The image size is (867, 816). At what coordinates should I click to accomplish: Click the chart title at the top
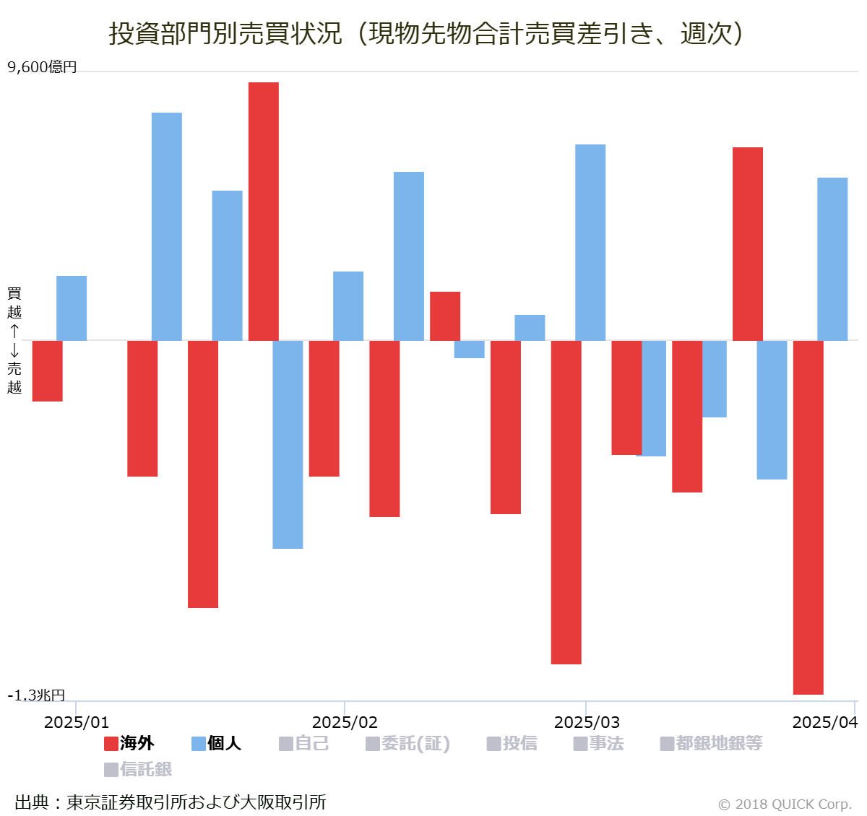(426, 33)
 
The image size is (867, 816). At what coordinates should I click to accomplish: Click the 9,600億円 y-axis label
(42, 67)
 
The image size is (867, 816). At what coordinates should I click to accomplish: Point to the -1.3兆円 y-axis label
(36, 695)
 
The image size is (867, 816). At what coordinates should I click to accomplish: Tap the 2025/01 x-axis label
(77, 722)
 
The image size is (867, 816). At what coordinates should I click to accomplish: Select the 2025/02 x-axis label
(345, 722)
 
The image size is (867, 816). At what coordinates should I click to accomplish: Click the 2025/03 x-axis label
(587, 722)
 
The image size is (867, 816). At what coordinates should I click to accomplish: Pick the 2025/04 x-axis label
(824, 722)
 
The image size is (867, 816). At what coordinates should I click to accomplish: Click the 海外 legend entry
(130, 743)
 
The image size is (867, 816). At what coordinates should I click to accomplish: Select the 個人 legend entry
(217, 743)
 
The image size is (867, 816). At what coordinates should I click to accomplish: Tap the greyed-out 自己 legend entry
(304, 743)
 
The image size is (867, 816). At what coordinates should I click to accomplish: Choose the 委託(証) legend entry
(408, 743)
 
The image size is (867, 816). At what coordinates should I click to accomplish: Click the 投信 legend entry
(512, 743)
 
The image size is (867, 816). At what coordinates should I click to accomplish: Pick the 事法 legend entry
(599, 743)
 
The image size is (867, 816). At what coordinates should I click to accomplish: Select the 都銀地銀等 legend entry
(712, 743)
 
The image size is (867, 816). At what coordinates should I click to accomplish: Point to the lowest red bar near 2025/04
(808, 517)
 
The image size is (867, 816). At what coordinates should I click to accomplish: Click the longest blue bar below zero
(288, 444)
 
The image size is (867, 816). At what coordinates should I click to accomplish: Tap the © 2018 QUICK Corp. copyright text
(785, 804)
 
